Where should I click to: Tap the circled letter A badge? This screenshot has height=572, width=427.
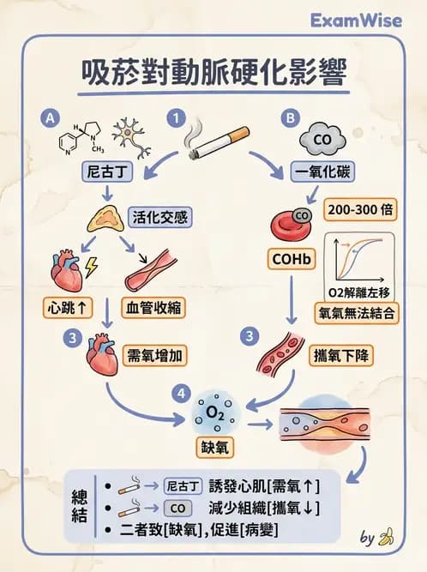(52, 117)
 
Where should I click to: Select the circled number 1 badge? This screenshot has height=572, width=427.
(177, 117)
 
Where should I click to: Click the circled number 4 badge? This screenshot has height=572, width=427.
(178, 392)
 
